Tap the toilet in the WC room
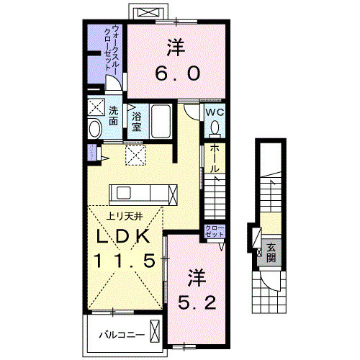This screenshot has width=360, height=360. click(x=215, y=128)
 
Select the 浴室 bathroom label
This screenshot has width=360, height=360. click(x=135, y=120)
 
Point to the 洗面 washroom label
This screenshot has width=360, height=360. click(x=114, y=116)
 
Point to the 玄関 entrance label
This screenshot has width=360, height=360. click(x=271, y=253)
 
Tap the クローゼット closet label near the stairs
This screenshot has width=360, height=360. click(x=214, y=232)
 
